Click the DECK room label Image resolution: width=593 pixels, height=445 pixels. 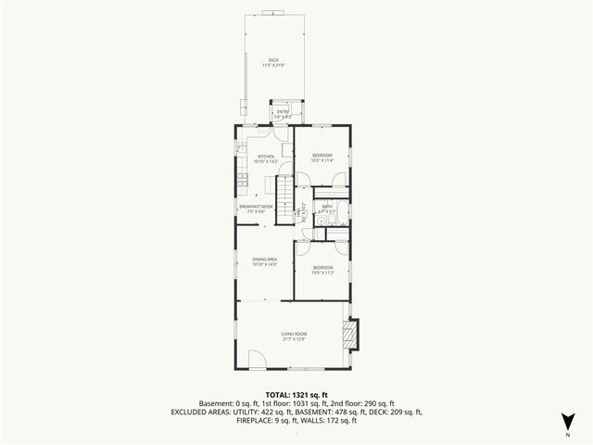pos(272,59)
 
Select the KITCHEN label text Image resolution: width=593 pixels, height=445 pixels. pos(265,157)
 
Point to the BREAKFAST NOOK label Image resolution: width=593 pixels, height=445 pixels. pos(256,206)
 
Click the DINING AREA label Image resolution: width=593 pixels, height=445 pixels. pos(265,259)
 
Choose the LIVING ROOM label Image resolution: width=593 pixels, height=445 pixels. pos(294,334)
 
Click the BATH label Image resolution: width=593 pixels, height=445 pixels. pos(327,207)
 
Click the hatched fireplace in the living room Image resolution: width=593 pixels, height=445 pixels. pos(349,334)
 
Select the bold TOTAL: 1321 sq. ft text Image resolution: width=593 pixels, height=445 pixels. pos(296,394)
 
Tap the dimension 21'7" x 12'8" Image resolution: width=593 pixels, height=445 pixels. pos(294,339)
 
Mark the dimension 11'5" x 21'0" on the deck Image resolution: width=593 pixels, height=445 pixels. pos(272,65)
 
